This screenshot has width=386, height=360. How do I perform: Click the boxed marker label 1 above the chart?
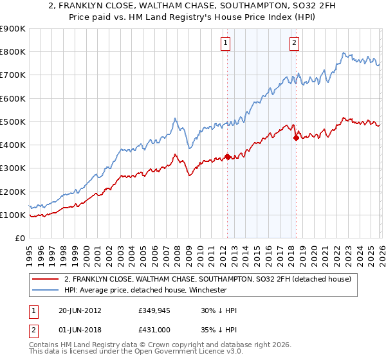coord(226,43)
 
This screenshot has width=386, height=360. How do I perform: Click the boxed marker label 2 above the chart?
coord(295,43)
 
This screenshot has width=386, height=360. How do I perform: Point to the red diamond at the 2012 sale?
coord(227,156)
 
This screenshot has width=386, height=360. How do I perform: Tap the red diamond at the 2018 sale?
coord(295,137)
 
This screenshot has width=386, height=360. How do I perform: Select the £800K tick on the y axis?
coord(12,52)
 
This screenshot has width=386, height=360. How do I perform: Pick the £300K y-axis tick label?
coord(12,168)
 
